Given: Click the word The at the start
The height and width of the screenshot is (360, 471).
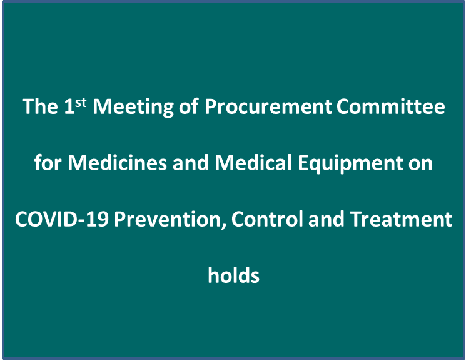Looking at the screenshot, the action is [x=40, y=106].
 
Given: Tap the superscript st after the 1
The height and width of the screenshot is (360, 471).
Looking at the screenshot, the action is [x=81, y=103].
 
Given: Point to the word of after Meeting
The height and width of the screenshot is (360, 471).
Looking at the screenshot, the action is [x=189, y=106].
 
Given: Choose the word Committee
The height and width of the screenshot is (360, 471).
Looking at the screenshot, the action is [x=390, y=106].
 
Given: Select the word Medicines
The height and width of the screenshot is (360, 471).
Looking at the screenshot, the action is [x=117, y=163].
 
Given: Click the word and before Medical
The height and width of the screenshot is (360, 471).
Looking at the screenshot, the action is [x=190, y=163].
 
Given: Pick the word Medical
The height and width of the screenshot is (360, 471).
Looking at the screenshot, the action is [x=253, y=163].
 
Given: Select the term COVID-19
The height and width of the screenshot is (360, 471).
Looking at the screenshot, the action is [x=62, y=219].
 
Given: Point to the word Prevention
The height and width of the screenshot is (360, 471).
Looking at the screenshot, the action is [x=168, y=219].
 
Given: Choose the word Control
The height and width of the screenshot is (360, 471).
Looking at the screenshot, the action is [x=267, y=219].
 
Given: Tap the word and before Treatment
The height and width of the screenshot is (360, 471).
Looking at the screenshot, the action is [x=327, y=219].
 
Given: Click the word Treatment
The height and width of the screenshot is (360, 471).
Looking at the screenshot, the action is [x=401, y=219].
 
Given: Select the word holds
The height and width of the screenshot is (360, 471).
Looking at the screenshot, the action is [x=234, y=275].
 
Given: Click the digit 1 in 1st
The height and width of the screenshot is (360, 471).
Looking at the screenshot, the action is [x=69, y=106].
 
